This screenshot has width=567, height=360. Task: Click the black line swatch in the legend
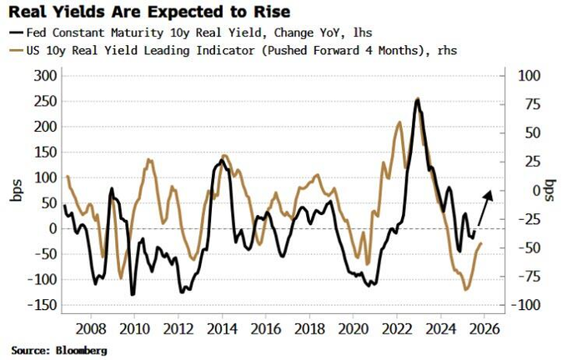pyautogui.click(x=17, y=32)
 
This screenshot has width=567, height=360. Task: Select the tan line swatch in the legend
pyautogui.click(x=17, y=50)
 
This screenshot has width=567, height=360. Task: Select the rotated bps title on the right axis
pyautogui.click(x=550, y=190)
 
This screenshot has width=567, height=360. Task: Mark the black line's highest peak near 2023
pyautogui.click(x=417, y=99)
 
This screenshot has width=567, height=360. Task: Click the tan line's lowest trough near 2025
pyautogui.click(x=465, y=290)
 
